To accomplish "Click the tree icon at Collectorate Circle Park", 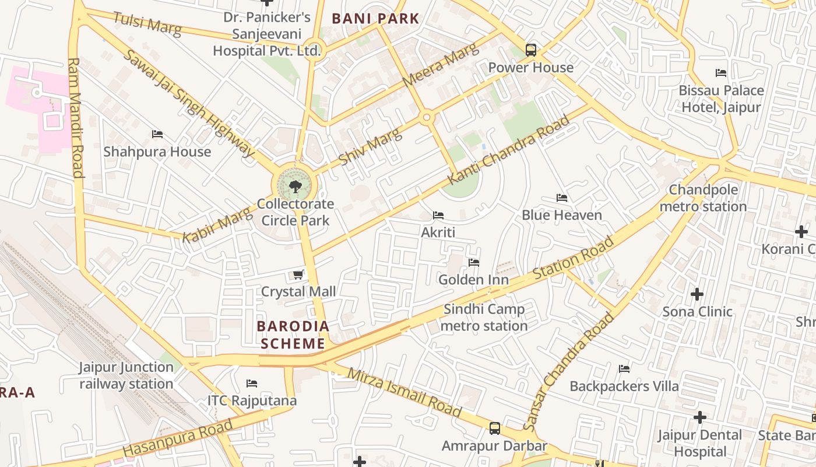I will click(295, 186).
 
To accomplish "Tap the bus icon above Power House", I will click(530, 50).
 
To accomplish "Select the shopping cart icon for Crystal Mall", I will click(298, 274).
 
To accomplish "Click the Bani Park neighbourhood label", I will click(375, 19).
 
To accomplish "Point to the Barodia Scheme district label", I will click(293, 334).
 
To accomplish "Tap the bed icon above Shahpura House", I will click(157, 134).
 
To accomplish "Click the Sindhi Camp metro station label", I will click(484, 318).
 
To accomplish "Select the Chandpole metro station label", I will click(703, 198).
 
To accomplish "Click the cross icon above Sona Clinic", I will click(697, 294).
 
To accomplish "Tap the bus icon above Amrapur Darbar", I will click(494, 428).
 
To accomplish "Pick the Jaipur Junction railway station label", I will click(126, 375).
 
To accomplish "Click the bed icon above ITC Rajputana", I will click(252, 384).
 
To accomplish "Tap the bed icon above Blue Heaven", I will click(562, 198).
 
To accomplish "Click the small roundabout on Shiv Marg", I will click(427, 118).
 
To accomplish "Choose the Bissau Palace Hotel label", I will click(721, 99).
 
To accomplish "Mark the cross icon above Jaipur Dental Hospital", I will click(699, 417).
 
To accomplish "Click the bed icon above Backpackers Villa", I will click(624, 369).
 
